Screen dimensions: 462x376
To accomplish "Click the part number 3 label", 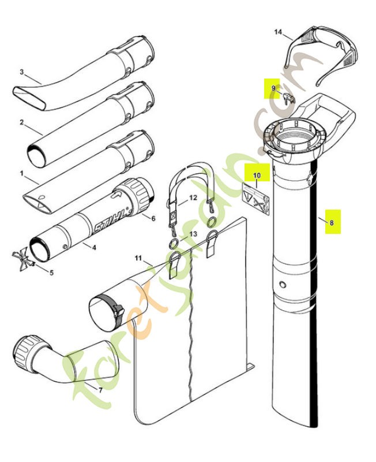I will [22, 72].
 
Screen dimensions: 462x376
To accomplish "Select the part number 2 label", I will [22, 122].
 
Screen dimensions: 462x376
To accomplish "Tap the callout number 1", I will [22, 173].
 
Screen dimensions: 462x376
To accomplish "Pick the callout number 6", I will [153, 218].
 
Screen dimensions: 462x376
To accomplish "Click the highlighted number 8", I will [332, 221].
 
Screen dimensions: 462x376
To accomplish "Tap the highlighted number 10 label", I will [257, 174].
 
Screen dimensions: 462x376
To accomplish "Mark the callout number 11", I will [138, 257].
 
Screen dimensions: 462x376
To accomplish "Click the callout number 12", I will [193, 198].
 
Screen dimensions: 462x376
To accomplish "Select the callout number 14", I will [279, 33].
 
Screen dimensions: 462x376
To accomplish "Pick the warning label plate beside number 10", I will [255, 197].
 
